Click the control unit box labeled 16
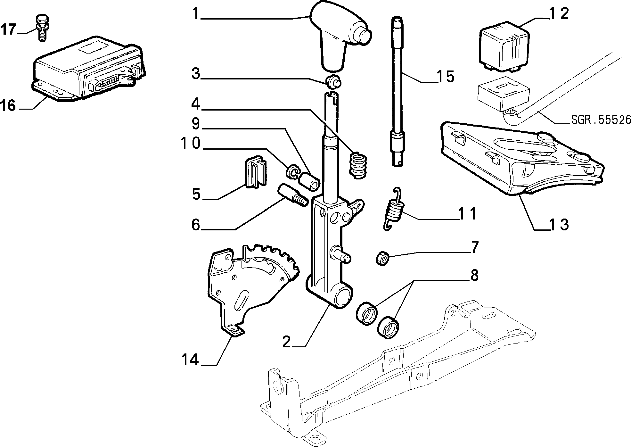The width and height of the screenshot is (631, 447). (88, 69)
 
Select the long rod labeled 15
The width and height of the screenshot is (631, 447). (397, 91)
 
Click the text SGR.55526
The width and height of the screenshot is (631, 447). (601, 120)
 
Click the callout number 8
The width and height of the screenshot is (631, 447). (474, 275)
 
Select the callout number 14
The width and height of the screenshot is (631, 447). (190, 360)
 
